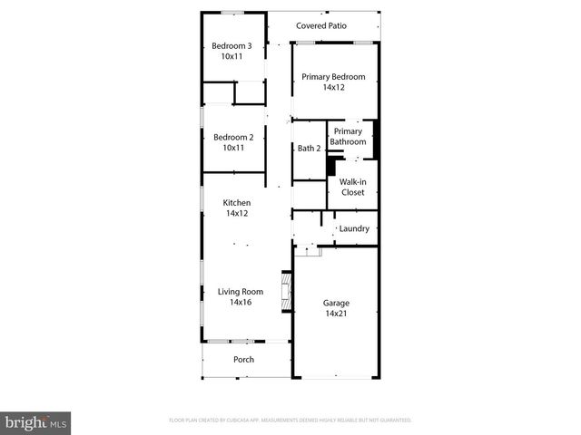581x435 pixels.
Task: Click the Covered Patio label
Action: (321, 26)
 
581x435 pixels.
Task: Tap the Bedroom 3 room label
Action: (231, 46)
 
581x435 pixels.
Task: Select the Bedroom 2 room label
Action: (231, 138)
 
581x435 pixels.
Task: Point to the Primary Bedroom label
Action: (333, 77)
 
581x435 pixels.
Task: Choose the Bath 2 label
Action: (309, 149)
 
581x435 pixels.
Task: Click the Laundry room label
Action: (354, 228)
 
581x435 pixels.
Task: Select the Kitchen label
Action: (237, 203)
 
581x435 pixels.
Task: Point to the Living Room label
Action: (240, 292)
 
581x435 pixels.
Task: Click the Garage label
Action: (336, 303)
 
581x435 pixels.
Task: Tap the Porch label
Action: (243, 360)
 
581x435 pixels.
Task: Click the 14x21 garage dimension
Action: (336, 314)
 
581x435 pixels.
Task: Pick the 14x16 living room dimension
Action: (240, 303)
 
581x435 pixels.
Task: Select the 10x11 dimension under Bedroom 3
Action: (231, 56)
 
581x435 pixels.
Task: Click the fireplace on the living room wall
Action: (287, 293)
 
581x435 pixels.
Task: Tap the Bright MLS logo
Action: (35, 422)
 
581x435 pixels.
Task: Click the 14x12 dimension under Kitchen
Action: (237, 214)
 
